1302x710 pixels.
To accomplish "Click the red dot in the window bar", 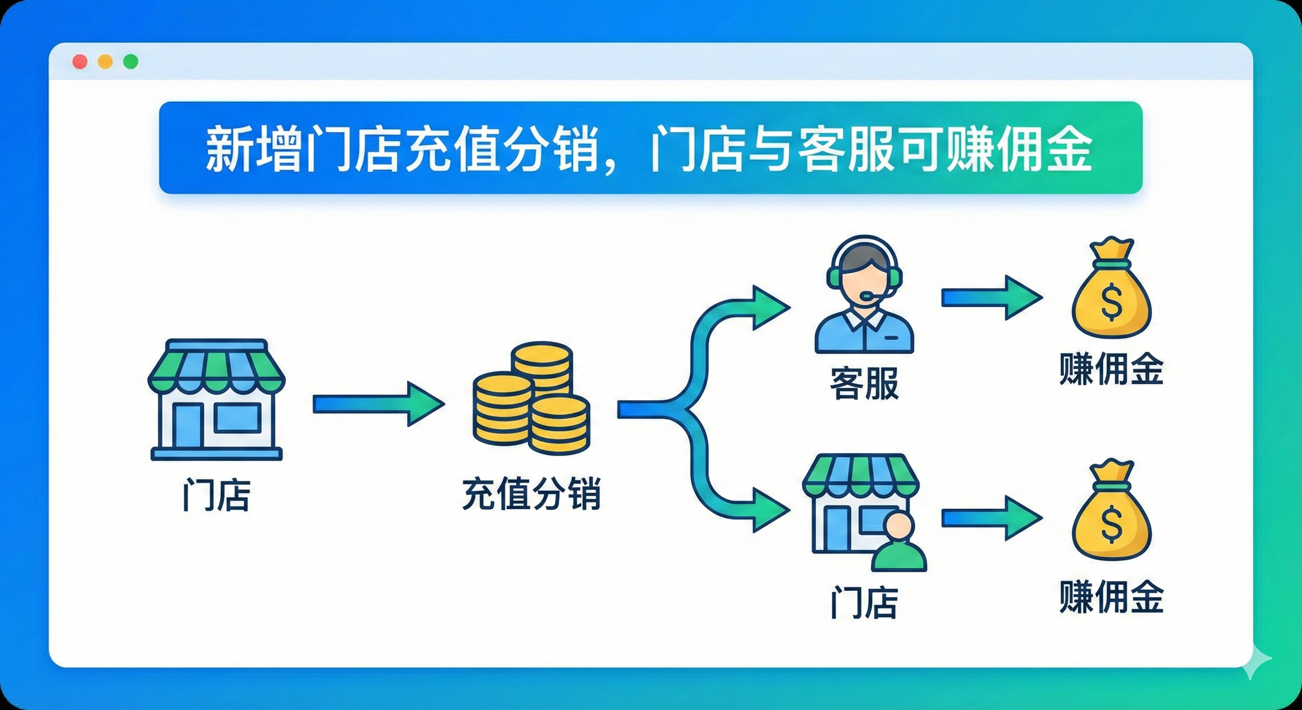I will tap(80, 61).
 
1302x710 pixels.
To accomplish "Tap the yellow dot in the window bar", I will tap(105, 61).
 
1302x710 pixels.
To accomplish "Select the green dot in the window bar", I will tap(131, 61).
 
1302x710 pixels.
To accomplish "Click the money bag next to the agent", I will tap(1112, 293).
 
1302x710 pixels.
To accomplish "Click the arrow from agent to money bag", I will tap(991, 298).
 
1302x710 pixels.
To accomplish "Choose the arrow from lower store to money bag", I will tap(991, 518).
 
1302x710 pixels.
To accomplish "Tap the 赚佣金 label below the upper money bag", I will tap(1112, 369).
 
